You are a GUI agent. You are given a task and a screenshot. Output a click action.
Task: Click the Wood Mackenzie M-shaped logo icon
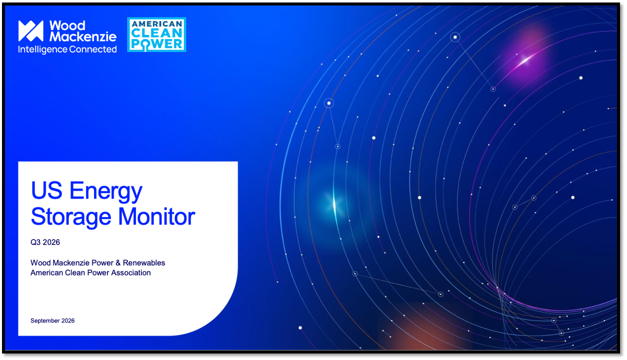31,31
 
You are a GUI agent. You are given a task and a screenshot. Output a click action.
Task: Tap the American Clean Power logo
156,34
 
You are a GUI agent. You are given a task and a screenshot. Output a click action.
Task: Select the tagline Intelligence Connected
67,49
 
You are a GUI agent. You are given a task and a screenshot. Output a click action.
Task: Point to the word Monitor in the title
156,216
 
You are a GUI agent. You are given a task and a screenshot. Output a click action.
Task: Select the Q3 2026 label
45,242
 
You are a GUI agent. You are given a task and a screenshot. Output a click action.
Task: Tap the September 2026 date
52,320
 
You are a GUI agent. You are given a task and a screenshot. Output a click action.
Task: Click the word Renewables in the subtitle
144,263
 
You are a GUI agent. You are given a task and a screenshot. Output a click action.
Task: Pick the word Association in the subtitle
131,272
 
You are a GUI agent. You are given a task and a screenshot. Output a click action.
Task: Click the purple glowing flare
525,60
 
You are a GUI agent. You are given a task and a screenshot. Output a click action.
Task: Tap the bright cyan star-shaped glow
334,204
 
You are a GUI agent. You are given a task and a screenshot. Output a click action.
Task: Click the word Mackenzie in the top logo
83,36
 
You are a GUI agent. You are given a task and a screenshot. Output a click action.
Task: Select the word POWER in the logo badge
157,44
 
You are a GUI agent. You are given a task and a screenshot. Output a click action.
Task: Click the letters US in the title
46,190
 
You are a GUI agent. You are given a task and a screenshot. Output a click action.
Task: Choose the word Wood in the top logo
67,25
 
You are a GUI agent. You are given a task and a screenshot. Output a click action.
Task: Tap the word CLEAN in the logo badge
157,33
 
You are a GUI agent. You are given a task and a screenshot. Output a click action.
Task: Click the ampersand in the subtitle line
118,263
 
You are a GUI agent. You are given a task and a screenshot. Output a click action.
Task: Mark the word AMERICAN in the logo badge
157,24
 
